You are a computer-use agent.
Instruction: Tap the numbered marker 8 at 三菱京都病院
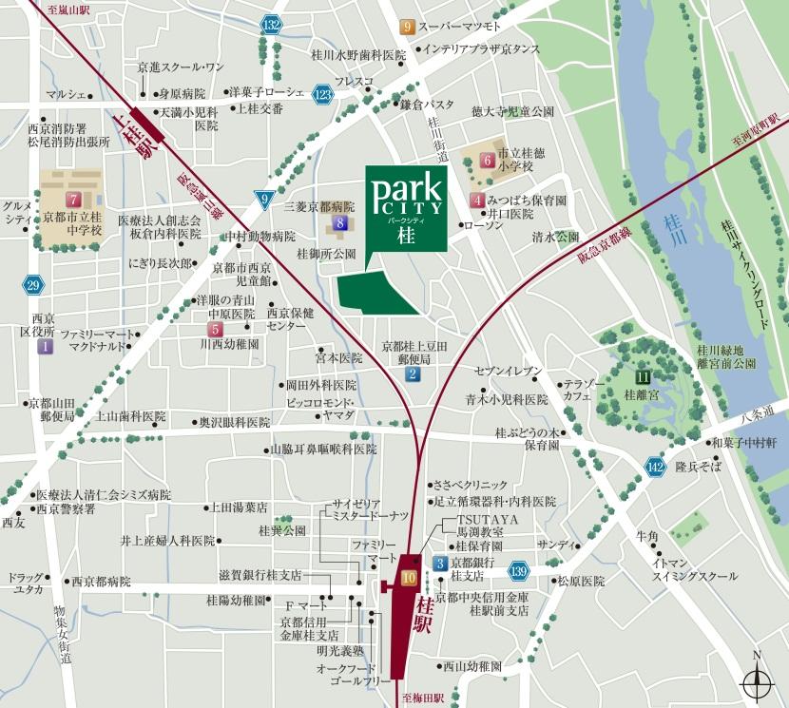point(341,223)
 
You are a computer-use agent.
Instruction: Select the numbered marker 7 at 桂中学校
point(73,200)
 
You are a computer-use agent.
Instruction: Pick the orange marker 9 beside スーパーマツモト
point(407,27)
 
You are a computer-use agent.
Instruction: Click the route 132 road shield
point(273,26)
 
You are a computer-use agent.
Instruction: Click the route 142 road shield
point(655,465)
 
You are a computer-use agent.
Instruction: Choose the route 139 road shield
point(517,570)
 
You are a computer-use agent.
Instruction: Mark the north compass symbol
point(756,679)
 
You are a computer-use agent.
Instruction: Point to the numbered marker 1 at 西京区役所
point(44,348)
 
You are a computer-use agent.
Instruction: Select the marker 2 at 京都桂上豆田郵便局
point(413,374)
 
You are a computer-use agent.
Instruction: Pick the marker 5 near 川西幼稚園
point(216,330)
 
